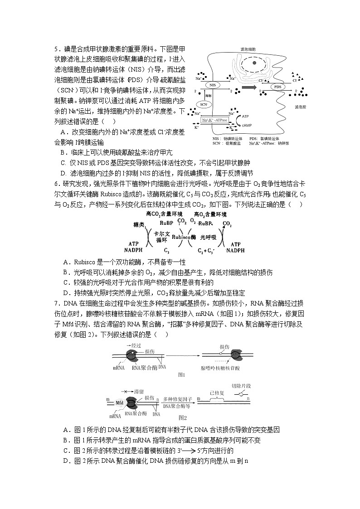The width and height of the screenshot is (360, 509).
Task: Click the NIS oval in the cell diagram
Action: (212, 85)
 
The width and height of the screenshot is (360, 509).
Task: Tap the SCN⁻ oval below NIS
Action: (203, 104)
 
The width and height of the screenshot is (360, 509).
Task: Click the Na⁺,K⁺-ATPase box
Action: (215, 120)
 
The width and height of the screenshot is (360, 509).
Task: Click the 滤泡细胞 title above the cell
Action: (248, 49)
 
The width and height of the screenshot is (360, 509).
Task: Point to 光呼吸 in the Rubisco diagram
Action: (207, 237)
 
